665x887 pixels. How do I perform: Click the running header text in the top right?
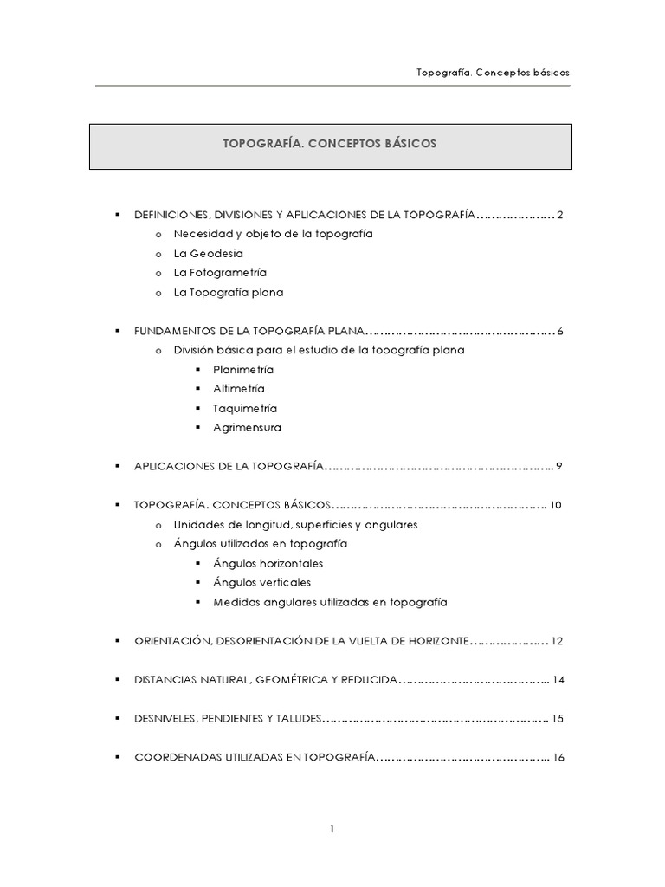coord(493,73)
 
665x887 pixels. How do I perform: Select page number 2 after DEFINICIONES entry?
coord(560,215)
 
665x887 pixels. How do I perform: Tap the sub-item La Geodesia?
coord(208,254)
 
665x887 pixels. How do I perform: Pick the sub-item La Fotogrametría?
coord(220,273)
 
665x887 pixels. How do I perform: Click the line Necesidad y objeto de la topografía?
coord(273,235)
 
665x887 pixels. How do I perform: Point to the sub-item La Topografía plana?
coord(228,293)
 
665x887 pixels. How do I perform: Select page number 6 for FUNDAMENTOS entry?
coord(560,331)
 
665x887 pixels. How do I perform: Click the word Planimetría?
coord(243,369)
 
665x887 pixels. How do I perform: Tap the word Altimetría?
coord(239,389)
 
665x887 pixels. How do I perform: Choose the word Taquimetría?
coord(245,408)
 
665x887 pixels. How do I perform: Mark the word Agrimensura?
coord(247,427)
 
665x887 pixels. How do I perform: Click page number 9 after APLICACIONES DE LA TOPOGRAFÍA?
coord(560,466)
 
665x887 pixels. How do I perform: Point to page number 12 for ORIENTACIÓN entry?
coord(558,641)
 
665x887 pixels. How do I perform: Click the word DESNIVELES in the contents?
coord(165,719)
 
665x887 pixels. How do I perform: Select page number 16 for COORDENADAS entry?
coord(558,757)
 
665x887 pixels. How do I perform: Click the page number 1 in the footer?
coord(332,829)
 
